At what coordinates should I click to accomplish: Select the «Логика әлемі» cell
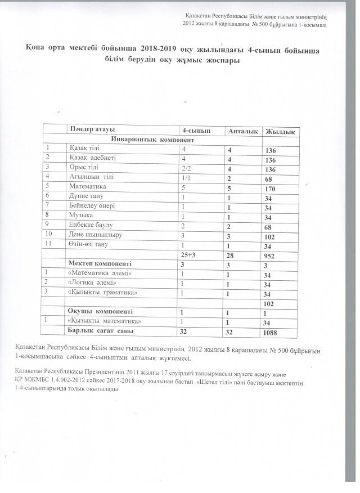(92, 283)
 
